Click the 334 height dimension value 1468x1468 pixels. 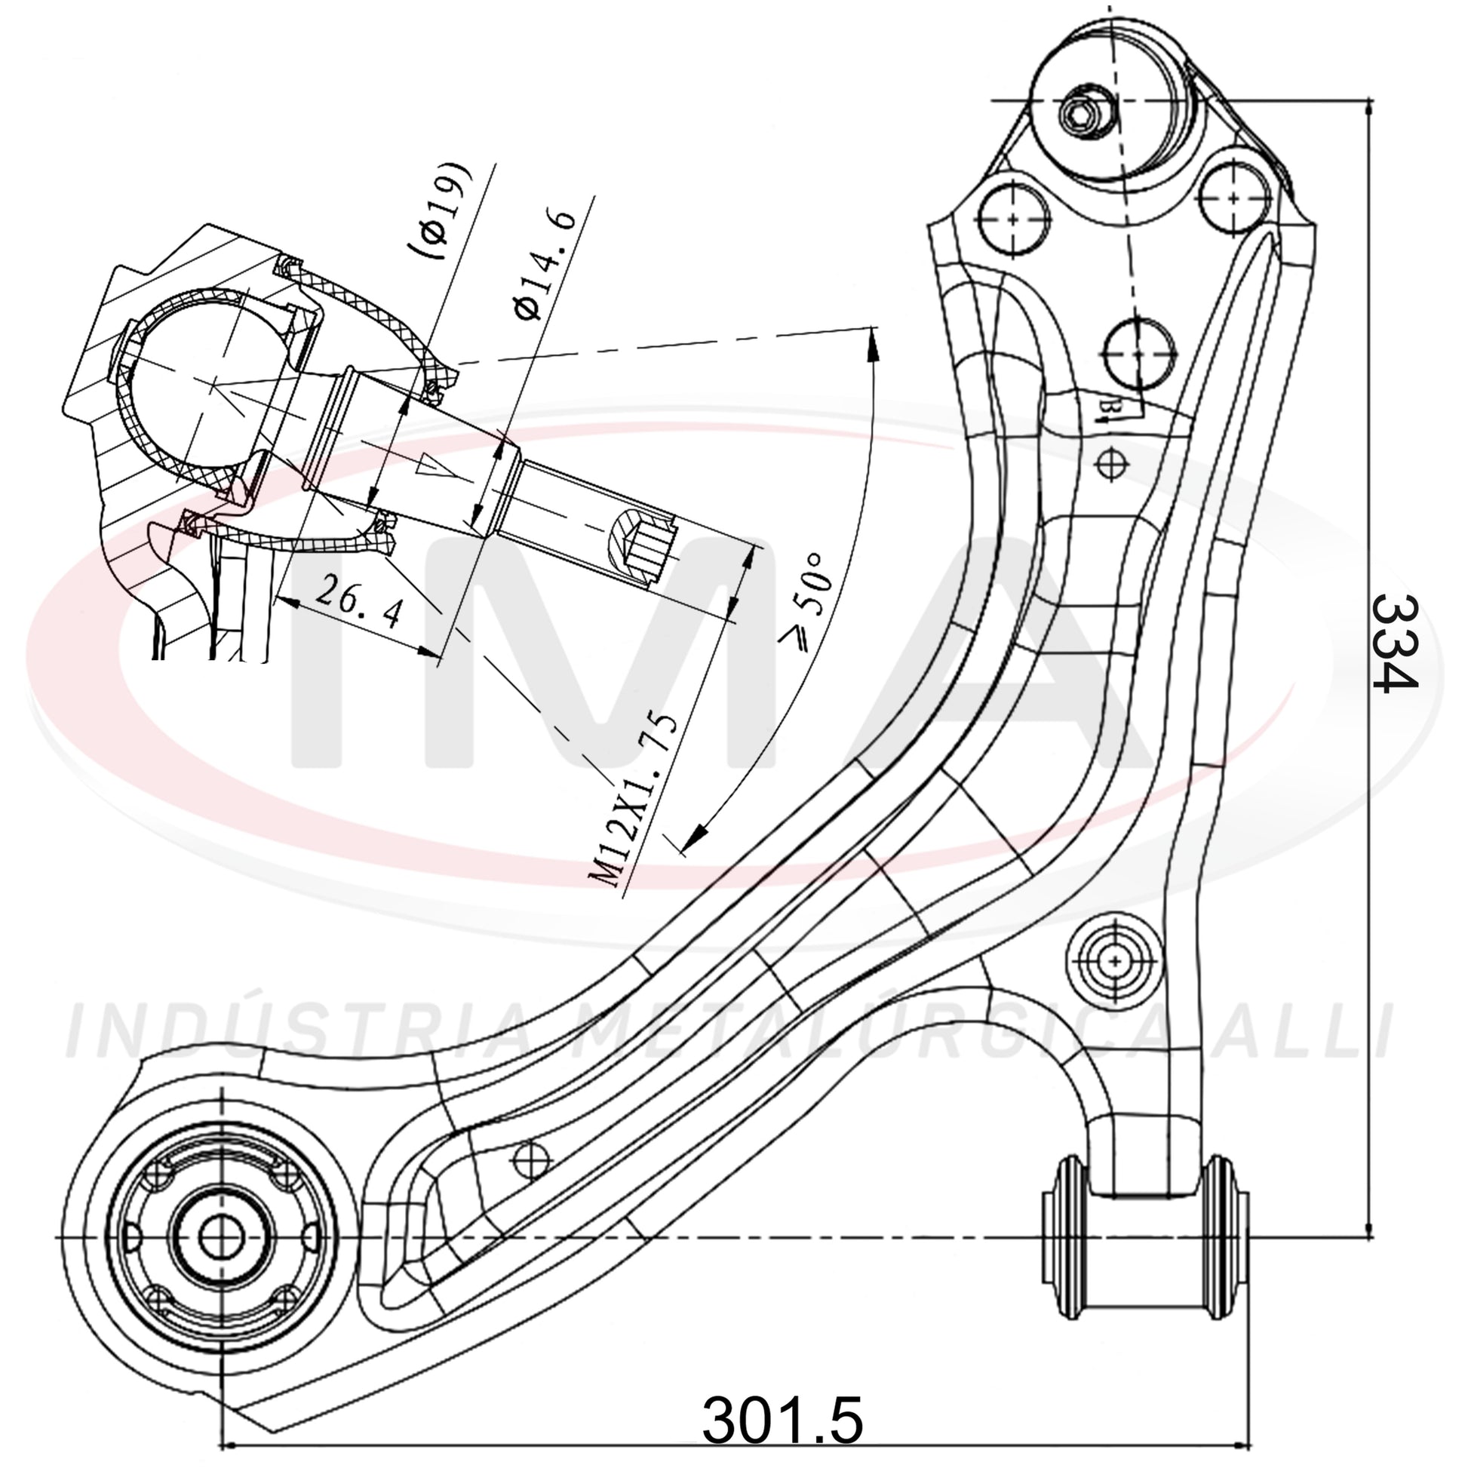pyautogui.click(x=1395, y=643)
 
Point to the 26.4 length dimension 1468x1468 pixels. pyautogui.click(x=357, y=601)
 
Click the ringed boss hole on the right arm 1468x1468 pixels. pyautogui.click(x=1114, y=961)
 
